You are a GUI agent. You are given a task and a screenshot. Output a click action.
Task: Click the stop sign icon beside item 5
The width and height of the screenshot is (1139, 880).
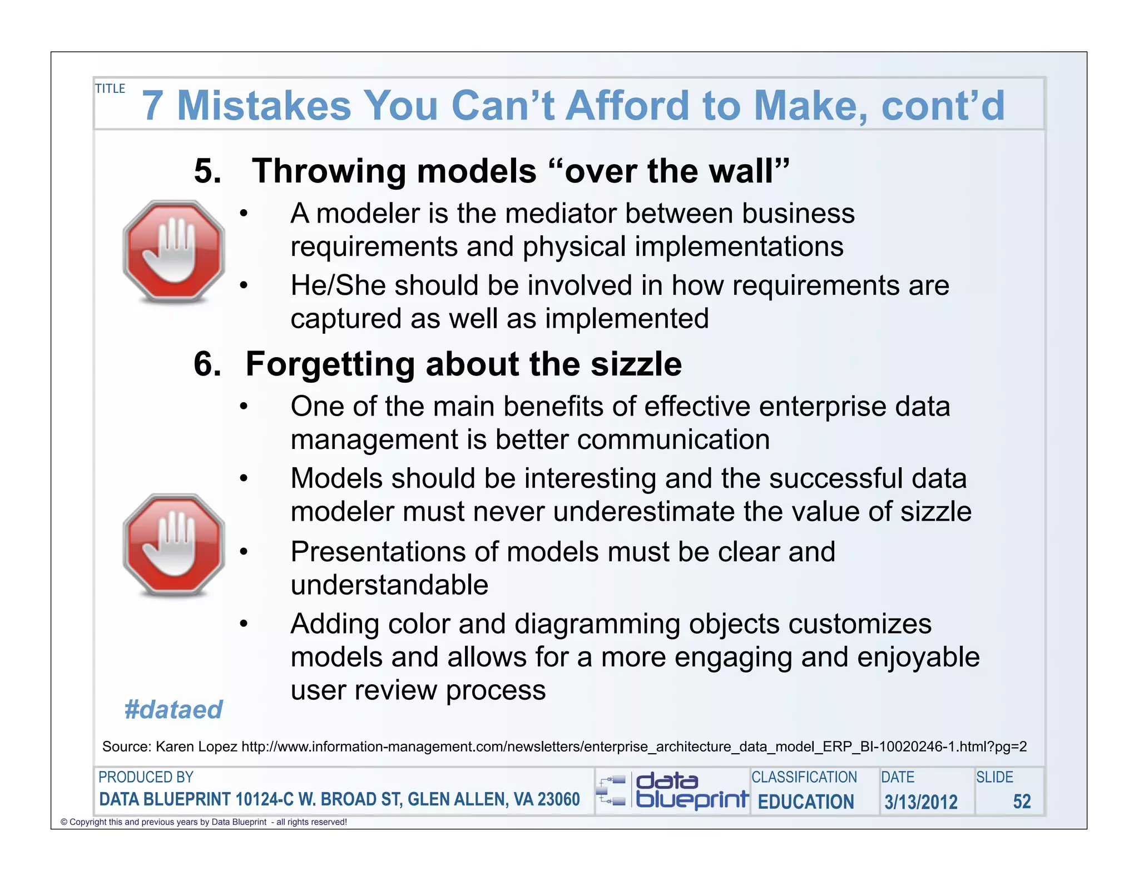tap(174, 251)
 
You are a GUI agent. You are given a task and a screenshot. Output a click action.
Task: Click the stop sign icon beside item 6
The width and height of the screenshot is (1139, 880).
tap(174, 545)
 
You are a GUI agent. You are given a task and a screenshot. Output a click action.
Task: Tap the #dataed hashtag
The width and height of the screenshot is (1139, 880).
tap(174, 710)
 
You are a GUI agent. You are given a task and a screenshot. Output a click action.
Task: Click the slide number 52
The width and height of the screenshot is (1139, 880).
tap(1022, 802)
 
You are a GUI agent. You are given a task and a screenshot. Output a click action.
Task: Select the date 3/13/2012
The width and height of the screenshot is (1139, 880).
tap(921, 802)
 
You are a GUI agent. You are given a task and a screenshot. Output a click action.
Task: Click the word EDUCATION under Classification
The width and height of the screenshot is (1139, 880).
tap(806, 802)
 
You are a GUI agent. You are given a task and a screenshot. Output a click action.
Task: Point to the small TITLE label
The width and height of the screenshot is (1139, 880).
tap(110, 89)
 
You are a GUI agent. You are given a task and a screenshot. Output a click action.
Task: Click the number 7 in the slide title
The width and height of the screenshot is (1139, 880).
tap(153, 106)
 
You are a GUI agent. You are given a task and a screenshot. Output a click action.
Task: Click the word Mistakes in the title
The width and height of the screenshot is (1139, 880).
tap(264, 106)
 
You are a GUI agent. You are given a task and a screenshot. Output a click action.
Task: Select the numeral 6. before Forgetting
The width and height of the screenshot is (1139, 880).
tap(207, 364)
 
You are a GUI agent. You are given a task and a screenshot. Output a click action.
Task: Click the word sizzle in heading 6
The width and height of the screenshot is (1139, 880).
tap(636, 364)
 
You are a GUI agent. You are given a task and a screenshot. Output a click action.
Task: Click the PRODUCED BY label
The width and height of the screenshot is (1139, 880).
tap(146, 777)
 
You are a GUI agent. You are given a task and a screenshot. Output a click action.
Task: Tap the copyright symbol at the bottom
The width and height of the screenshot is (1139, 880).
tap(64, 822)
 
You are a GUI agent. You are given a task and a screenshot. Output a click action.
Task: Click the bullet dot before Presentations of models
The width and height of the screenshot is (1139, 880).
tap(244, 552)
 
